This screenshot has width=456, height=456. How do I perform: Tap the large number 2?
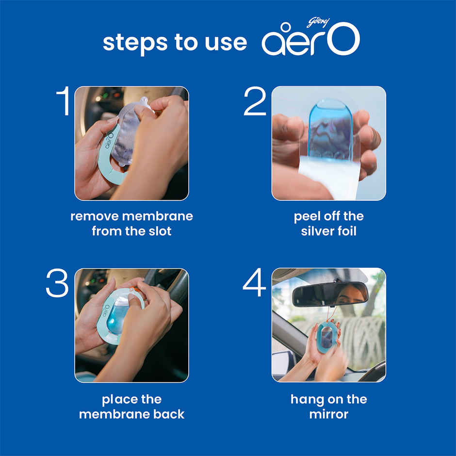pos(255,101)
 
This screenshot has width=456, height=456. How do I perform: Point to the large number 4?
pos(255,284)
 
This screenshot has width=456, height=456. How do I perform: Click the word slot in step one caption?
pos(159,231)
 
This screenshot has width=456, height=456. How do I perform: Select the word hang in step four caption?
pos(306,399)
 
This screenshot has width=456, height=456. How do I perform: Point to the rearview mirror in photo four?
pos(330,294)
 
